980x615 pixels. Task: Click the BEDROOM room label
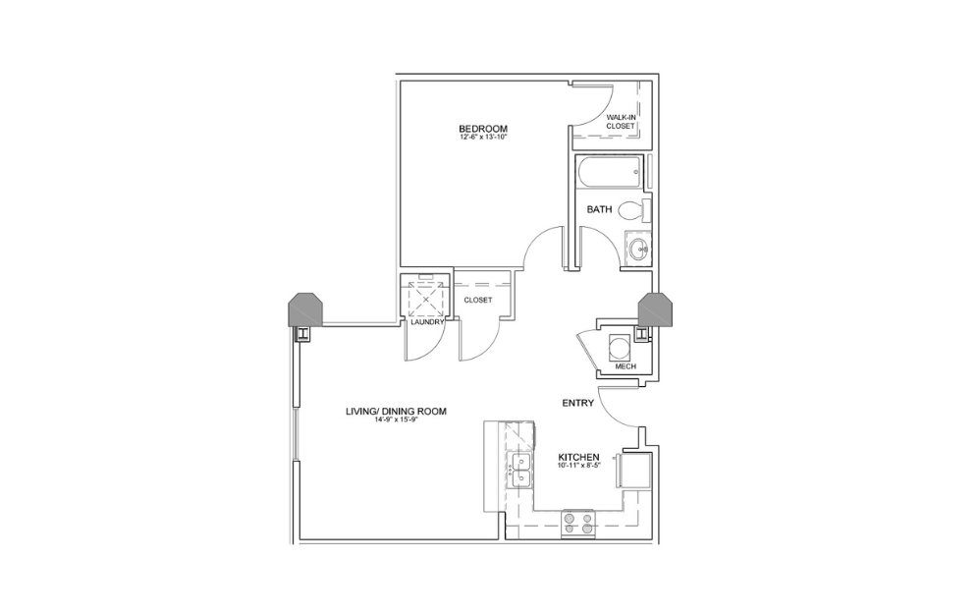(x=482, y=129)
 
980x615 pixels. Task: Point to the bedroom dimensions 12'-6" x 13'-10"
(x=482, y=138)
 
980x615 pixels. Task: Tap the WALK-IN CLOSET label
(x=622, y=122)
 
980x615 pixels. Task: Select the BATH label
(x=600, y=209)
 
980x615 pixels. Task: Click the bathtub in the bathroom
(x=608, y=175)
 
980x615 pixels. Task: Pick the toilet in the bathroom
(x=634, y=209)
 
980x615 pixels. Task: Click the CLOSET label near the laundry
(x=478, y=300)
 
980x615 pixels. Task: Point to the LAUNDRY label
(x=428, y=322)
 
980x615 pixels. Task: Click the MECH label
(x=625, y=366)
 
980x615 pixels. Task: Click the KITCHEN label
(x=578, y=457)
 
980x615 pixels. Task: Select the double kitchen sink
(x=519, y=471)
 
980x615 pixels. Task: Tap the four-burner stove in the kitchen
(x=577, y=523)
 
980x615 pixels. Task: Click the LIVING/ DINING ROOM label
(x=396, y=412)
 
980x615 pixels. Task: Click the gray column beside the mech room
(x=654, y=309)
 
